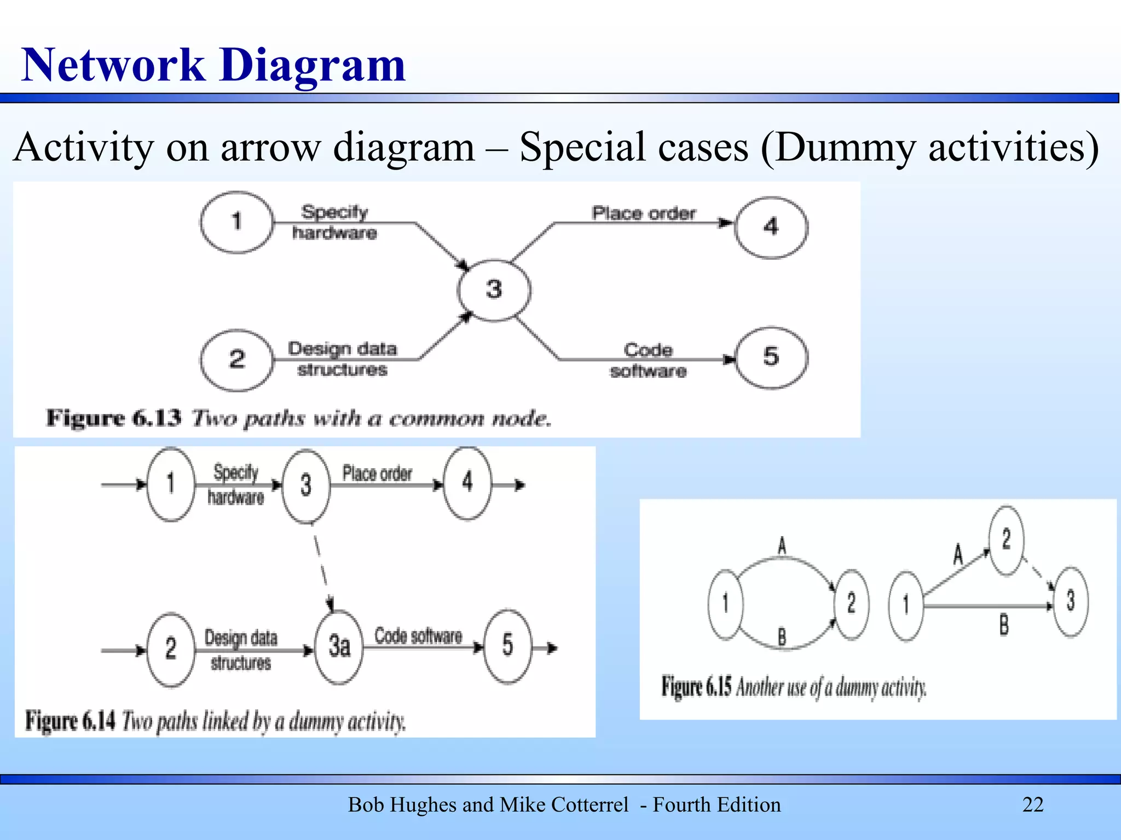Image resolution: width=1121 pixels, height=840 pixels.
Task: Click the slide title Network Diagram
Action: (213, 65)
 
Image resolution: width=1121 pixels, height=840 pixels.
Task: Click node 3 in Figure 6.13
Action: (494, 289)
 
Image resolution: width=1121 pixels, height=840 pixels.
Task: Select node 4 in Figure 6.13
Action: (771, 226)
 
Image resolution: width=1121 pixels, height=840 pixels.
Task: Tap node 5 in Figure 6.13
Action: (771, 357)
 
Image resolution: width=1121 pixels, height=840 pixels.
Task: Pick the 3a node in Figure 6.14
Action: (339, 646)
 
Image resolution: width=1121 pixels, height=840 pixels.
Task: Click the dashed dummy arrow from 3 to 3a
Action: (322, 566)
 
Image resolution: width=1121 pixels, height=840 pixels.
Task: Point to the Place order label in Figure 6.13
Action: (643, 213)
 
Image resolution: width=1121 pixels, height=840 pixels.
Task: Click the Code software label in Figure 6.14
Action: (418, 636)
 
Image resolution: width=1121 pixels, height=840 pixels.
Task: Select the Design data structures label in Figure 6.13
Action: (342, 359)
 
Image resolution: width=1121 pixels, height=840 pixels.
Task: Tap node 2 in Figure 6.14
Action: (171, 649)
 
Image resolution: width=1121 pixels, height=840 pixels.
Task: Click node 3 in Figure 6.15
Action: (1071, 601)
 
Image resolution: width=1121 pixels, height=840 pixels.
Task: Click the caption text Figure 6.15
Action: (696, 687)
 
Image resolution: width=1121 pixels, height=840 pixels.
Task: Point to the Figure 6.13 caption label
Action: (113, 418)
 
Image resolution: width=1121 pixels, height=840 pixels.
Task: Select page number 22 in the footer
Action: (1033, 804)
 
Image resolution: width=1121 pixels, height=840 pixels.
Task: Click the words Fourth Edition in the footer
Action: (716, 804)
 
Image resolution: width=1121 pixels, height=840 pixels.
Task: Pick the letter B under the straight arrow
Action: (1004, 625)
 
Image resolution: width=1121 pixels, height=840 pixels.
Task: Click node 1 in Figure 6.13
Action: (236, 221)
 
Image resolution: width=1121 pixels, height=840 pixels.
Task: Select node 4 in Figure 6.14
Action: (467, 482)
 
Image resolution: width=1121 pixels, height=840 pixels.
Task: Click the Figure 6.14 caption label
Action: (70, 721)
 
